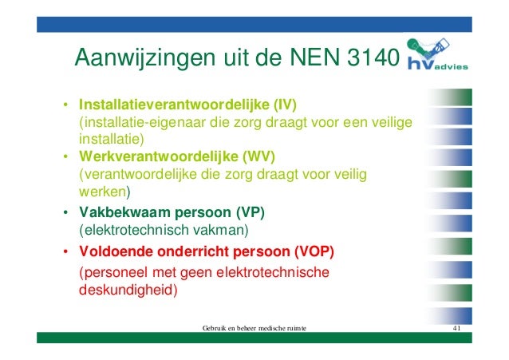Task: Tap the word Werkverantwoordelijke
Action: pos(157,155)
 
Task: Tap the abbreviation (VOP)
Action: pos(314,252)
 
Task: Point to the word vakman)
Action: pos(219,231)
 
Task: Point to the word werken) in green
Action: pos(104,192)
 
